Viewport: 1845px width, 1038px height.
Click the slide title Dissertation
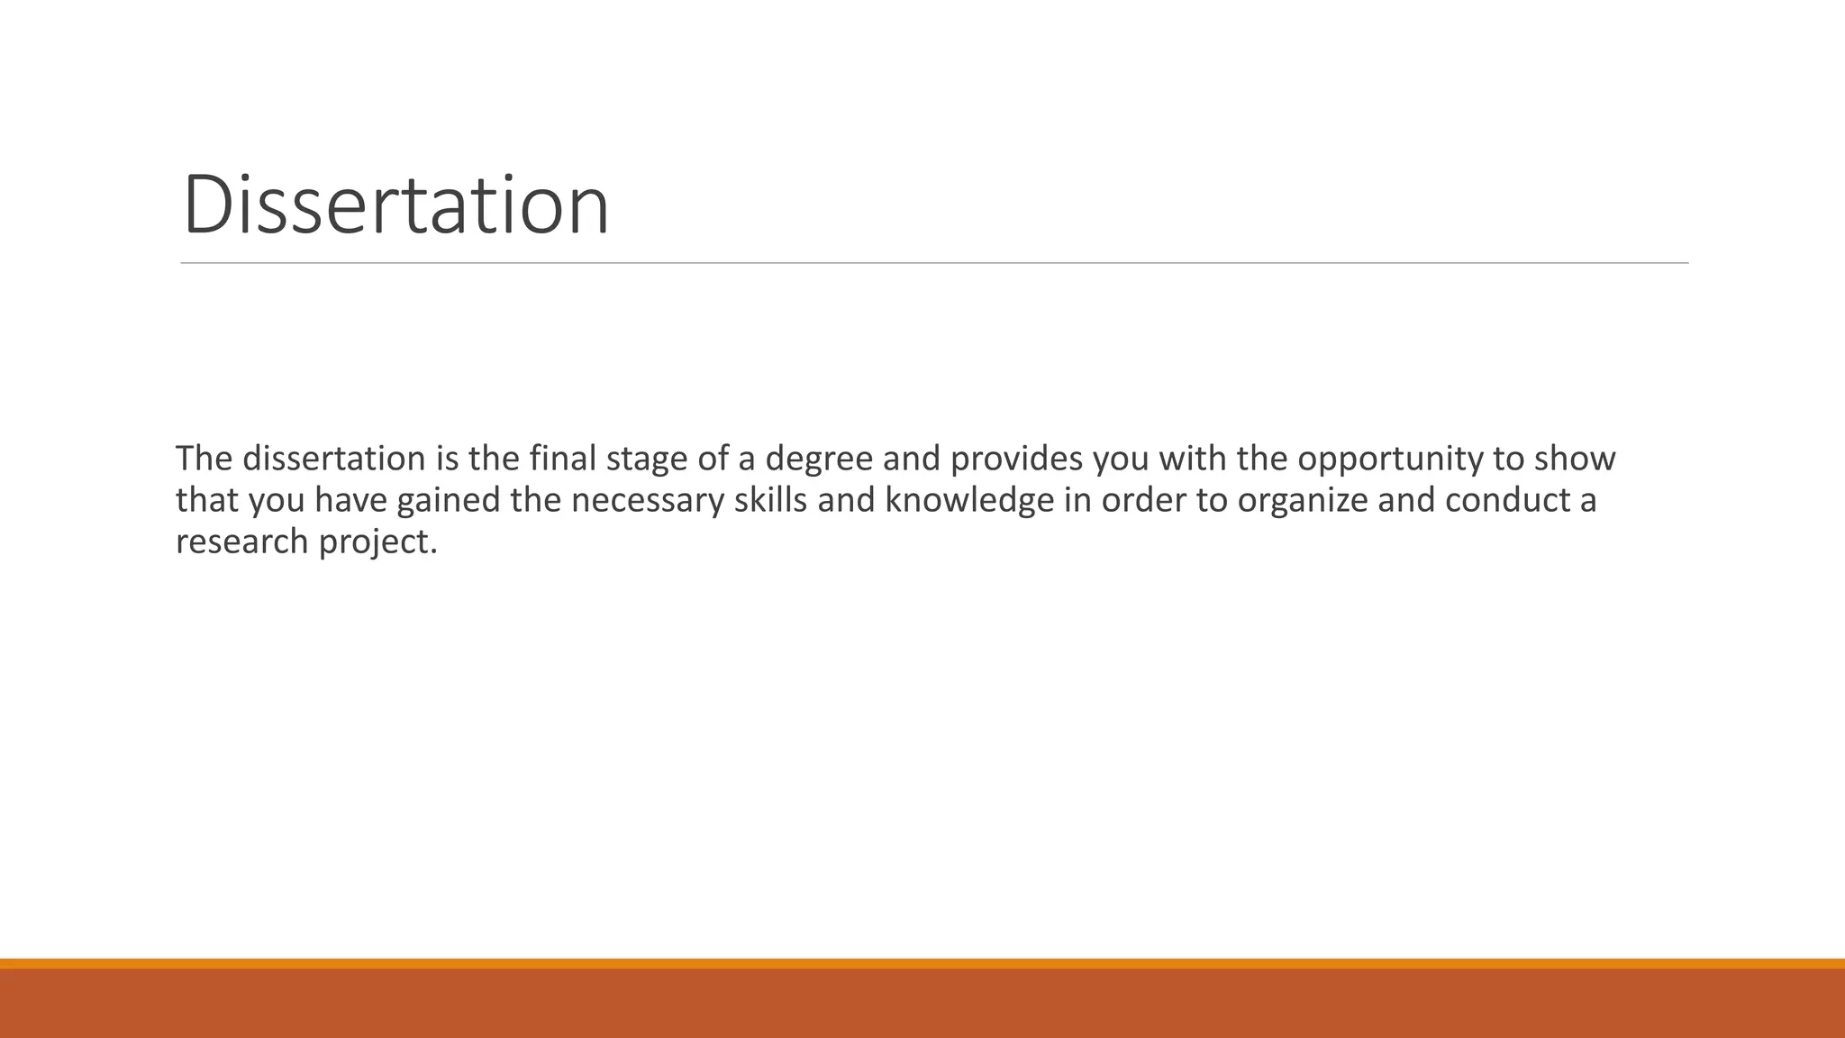pos(395,205)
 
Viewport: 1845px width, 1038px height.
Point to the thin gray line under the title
pos(934,263)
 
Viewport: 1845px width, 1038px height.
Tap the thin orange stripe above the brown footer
pos(922,963)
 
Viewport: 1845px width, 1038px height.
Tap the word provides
pos(1016,459)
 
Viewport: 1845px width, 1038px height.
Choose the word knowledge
pos(969,501)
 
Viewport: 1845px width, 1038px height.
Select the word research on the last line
pos(241,541)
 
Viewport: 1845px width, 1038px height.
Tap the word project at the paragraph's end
pos(377,542)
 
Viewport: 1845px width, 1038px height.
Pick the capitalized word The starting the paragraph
pos(204,459)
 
